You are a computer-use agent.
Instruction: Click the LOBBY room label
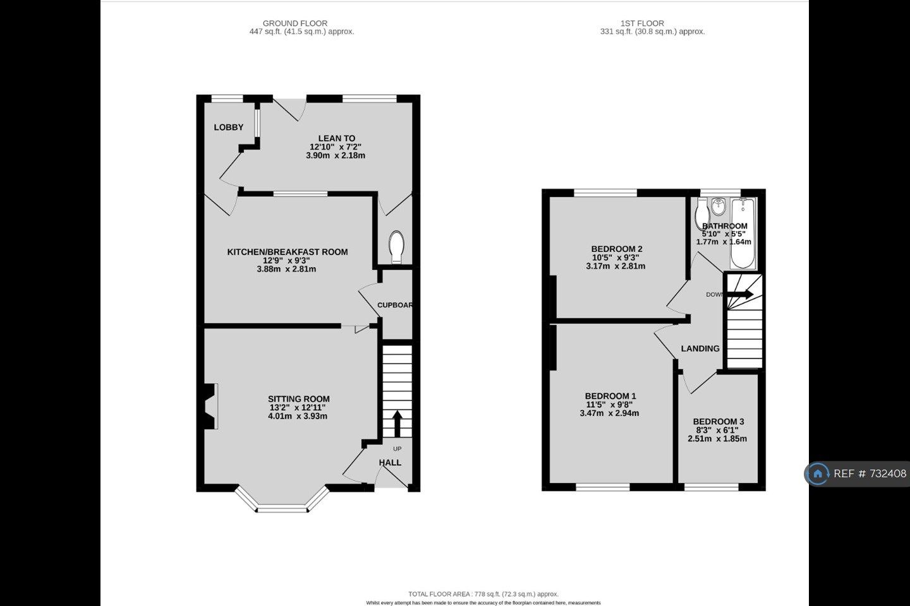[x=228, y=128]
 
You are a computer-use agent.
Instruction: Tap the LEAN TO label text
[x=336, y=138]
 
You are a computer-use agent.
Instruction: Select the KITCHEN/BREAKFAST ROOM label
[x=287, y=252]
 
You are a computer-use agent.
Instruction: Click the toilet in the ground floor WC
[x=396, y=246]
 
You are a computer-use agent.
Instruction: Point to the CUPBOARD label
[x=395, y=306]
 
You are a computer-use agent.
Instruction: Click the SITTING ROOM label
[x=298, y=399]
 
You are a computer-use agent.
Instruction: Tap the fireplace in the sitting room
[x=210, y=407]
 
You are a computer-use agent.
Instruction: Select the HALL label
[x=390, y=462]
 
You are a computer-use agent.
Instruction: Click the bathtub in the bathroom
[x=743, y=234]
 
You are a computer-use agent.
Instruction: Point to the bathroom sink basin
[x=719, y=206]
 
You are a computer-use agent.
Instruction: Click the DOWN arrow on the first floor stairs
[x=742, y=294]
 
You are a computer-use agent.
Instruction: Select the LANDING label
[x=700, y=348]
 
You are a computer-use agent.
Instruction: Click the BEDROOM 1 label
[x=610, y=396]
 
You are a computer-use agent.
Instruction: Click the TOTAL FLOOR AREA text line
[x=483, y=594]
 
